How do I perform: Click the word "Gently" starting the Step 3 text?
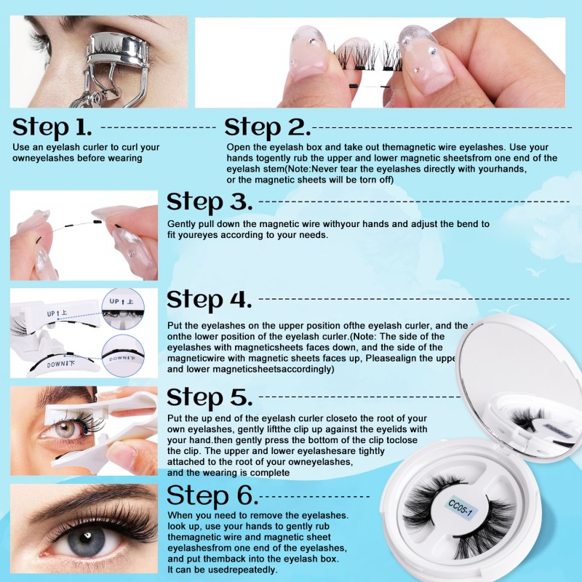point(183,224)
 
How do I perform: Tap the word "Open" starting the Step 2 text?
point(238,147)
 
